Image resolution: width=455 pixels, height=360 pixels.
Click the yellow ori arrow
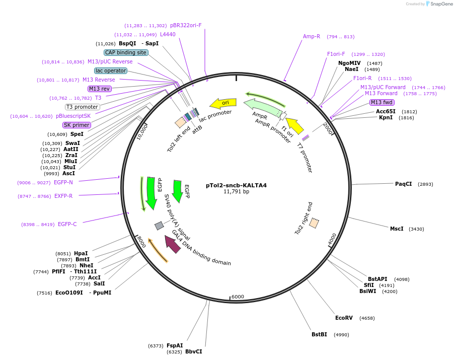click(x=222, y=103)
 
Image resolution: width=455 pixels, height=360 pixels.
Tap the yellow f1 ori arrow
click(x=294, y=125)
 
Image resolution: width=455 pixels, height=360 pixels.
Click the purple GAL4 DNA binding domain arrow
click(x=173, y=244)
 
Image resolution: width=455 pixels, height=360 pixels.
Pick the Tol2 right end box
click(x=314, y=223)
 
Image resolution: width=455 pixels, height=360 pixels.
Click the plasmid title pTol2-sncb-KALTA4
click(x=236, y=185)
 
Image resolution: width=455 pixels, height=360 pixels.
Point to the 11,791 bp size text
click(x=236, y=192)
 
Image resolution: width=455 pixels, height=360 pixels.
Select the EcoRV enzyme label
click(x=344, y=318)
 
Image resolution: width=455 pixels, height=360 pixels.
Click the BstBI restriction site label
click(x=319, y=334)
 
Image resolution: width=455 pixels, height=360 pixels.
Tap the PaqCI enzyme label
click(x=403, y=184)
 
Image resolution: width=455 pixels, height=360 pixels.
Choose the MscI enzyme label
click(x=397, y=229)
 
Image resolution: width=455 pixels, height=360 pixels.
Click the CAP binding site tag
click(x=126, y=52)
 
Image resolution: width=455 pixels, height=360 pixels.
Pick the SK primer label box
click(x=77, y=125)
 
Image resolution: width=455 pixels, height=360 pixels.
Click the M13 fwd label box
click(x=382, y=102)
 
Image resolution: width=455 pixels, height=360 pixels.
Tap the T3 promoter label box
click(x=83, y=107)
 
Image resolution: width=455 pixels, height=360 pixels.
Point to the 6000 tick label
click(x=238, y=297)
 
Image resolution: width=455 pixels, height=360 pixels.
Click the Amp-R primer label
click(x=312, y=36)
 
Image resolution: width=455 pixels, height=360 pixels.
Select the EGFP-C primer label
click(x=67, y=224)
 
